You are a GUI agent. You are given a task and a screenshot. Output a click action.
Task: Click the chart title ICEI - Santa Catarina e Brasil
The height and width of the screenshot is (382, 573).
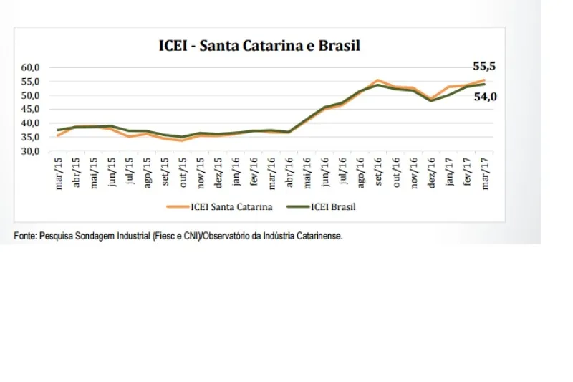(259, 46)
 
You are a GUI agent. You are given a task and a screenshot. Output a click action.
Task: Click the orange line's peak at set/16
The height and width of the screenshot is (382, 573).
(378, 80)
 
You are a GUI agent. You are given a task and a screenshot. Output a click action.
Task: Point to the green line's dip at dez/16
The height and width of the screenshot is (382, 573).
(431, 100)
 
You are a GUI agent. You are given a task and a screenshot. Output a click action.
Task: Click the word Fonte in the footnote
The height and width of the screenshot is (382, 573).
(24, 235)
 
